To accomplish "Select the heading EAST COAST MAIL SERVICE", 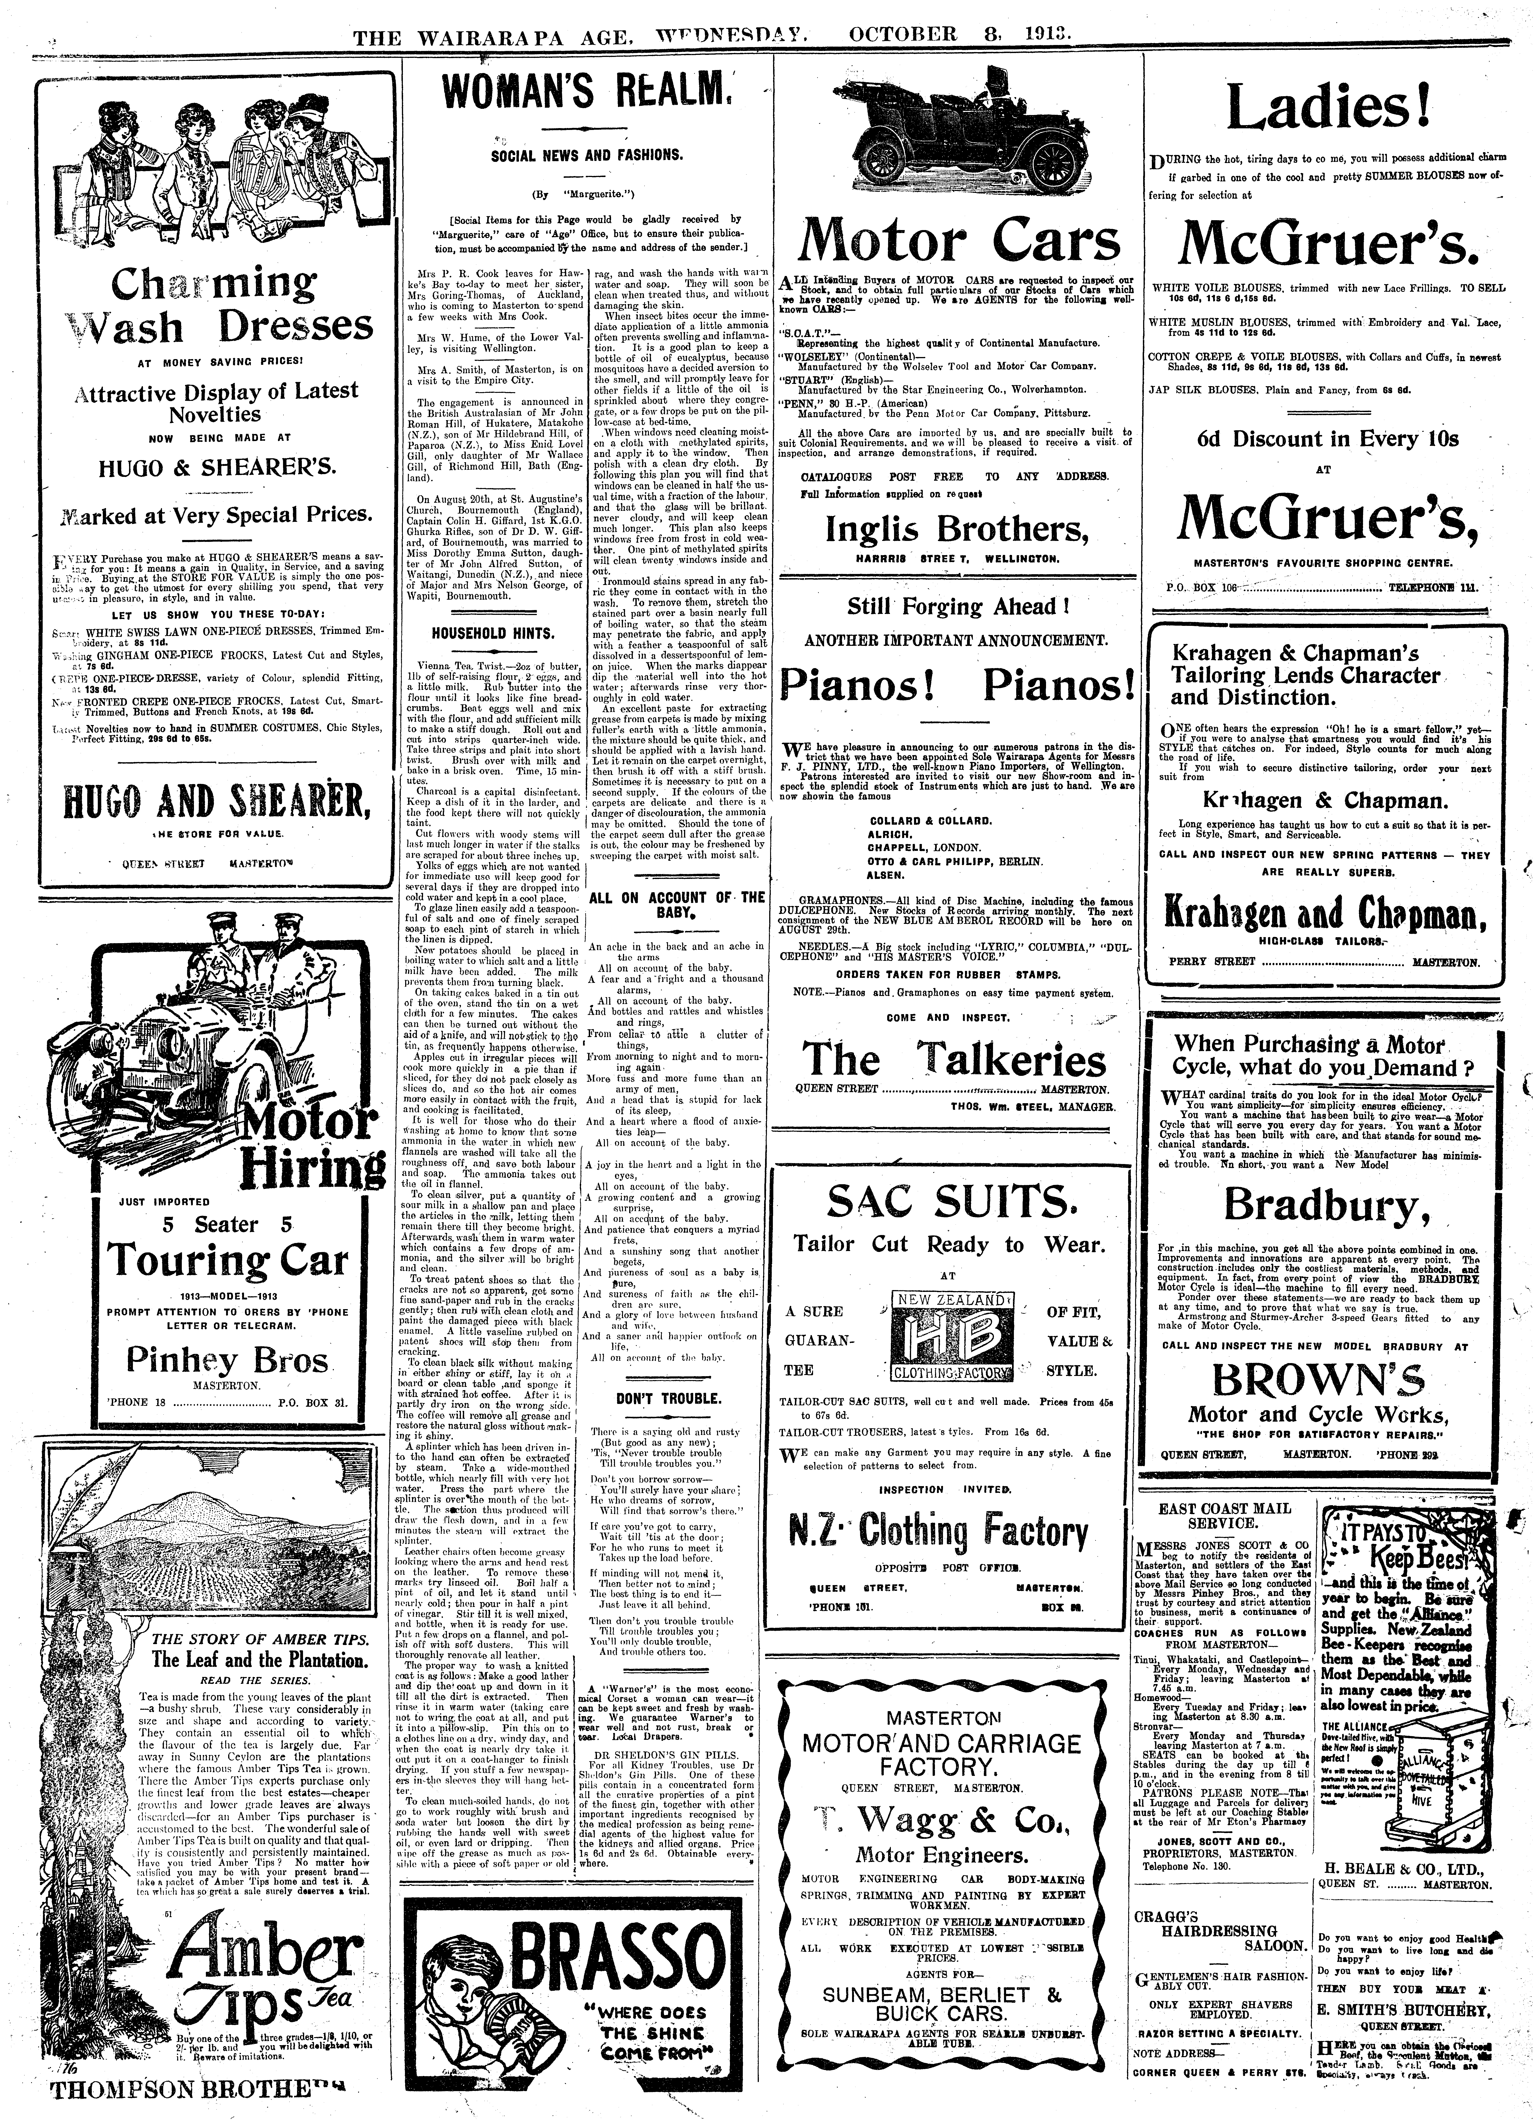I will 1224,1516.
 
